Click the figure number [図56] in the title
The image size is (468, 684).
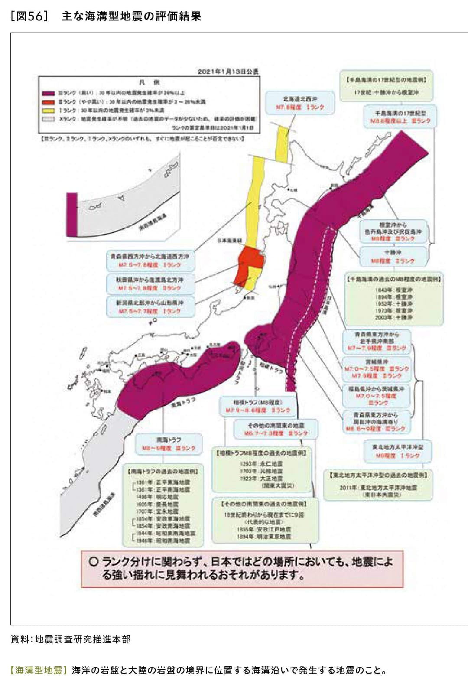(x=29, y=16)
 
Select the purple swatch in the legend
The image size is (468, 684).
(x=48, y=93)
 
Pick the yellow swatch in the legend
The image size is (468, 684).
(x=48, y=111)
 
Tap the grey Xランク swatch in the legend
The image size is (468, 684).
(x=48, y=119)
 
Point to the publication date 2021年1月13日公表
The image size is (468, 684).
(x=228, y=72)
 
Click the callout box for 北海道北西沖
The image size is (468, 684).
(x=300, y=103)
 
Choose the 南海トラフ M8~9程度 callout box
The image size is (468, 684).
(x=169, y=444)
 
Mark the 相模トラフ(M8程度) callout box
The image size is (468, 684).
(x=257, y=406)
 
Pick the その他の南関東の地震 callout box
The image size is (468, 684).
(x=276, y=429)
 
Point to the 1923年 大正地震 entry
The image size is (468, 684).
(x=261, y=478)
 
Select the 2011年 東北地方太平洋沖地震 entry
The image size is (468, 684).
(x=378, y=488)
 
